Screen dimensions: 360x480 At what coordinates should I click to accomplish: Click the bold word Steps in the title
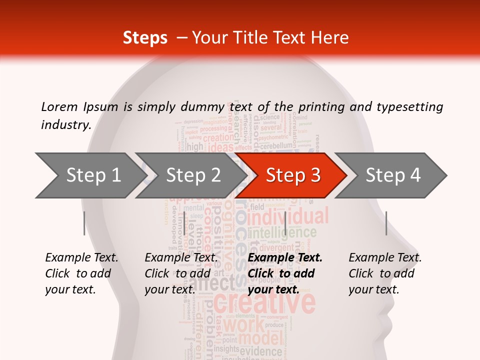(x=145, y=38)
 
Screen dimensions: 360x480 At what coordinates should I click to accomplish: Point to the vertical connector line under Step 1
(x=84, y=223)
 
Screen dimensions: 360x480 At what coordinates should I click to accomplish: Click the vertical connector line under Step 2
(x=184, y=223)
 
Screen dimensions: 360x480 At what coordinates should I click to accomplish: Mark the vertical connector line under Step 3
(x=285, y=223)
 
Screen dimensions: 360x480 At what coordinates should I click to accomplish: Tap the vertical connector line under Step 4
(x=386, y=223)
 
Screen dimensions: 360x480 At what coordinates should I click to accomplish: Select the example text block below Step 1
(x=81, y=273)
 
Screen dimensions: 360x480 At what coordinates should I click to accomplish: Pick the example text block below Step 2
(x=181, y=273)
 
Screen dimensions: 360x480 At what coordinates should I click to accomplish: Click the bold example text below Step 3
(x=285, y=273)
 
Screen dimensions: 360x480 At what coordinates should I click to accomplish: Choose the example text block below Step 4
(x=385, y=273)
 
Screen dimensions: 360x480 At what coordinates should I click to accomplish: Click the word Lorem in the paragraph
(x=59, y=106)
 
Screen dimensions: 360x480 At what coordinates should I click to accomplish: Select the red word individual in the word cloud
(x=288, y=217)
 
